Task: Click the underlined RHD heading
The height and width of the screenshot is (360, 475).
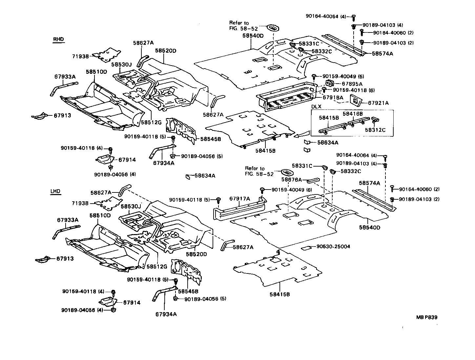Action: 59,39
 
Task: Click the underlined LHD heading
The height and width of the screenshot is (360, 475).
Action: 55,191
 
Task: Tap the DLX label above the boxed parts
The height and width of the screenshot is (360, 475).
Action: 316,107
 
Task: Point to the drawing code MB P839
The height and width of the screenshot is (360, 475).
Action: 427,317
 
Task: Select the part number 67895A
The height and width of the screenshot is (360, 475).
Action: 350,84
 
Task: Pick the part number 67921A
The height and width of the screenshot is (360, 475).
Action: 378,103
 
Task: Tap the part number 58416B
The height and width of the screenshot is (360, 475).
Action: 353,114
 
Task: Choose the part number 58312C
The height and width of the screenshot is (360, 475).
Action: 375,130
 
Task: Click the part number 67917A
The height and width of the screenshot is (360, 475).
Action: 239,198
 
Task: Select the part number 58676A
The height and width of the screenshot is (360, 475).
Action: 292,180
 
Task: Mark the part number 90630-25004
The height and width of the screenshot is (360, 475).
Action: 333,246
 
